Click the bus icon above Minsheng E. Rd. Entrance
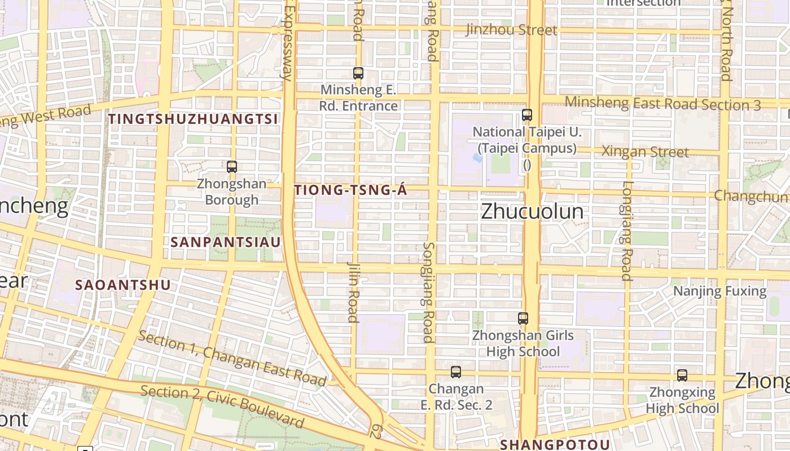click(358, 73)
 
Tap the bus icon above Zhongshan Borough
click(231, 166)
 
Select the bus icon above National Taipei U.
click(527, 115)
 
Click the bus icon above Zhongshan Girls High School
click(523, 319)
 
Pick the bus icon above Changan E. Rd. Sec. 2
click(456, 372)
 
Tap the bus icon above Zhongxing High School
click(682, 375)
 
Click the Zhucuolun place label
click(532, 211)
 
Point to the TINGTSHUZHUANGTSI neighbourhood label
click(193, 119)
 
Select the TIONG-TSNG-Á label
click(350, 191)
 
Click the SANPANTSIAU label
click(226, 242)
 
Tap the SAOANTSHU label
click(122, 285)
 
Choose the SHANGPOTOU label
click(555, 444)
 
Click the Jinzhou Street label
click(511, 30)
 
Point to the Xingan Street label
click(645, 152)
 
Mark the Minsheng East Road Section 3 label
click(662, 104)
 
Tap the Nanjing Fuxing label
click(720, 291)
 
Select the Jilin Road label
click(353, 291)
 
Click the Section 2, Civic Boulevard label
click(222, 406)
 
